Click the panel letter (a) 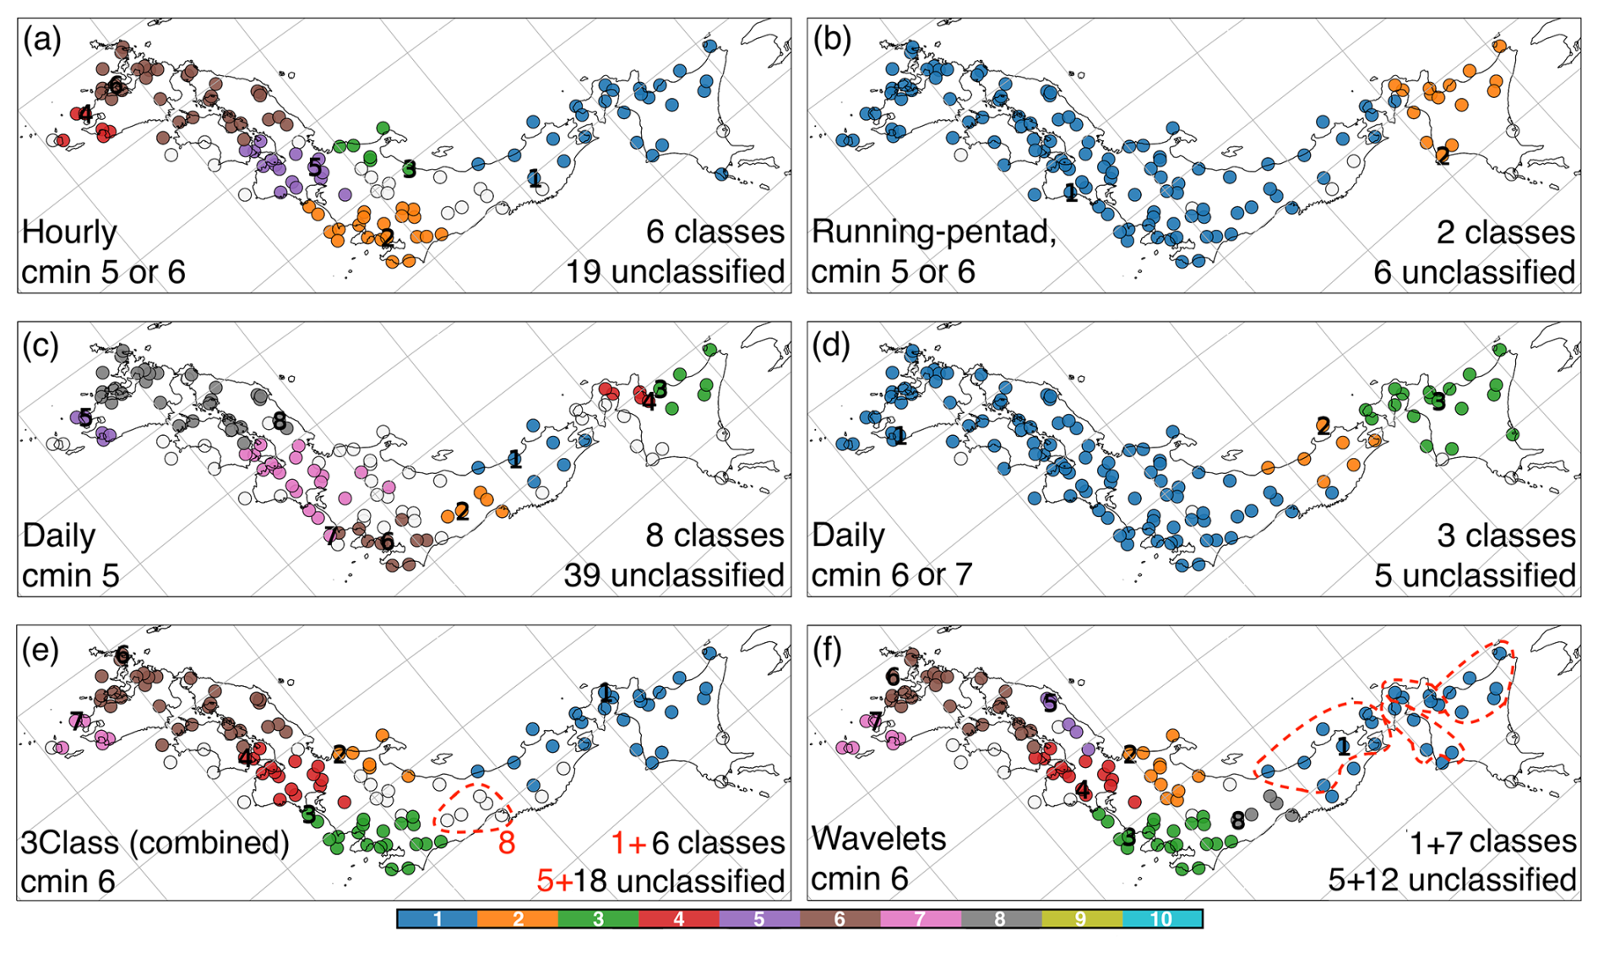[42, 41]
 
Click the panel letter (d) [832, 344]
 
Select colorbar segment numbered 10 [1161, 918]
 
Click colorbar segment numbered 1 [438, 918]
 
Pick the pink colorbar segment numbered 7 [920, 918]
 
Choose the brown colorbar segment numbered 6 [840, 918]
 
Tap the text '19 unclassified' [675, 272]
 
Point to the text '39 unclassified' [674, 575]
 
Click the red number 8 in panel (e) [507, 842]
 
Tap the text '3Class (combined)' [155, 842]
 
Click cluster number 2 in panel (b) [1443, 155]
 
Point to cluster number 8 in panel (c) [279, 421]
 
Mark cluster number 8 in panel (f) [1237, 820]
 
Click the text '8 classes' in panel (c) [715, 536]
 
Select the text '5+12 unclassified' [1452, 879]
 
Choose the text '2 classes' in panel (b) [1506, 232]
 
